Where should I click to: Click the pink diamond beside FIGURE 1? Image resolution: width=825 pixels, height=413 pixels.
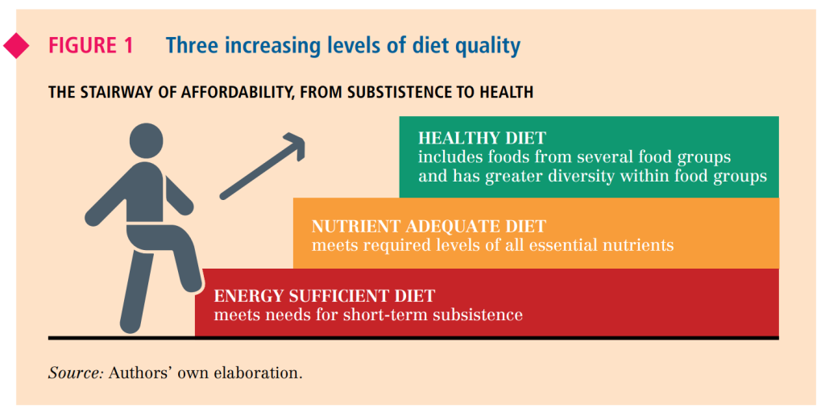pos(16,46)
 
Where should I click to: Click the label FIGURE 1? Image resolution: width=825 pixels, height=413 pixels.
pos(91,46)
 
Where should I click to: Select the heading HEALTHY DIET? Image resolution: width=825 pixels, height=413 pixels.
pos(482,138)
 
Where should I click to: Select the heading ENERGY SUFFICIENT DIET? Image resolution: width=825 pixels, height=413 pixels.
pos(325,296)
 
